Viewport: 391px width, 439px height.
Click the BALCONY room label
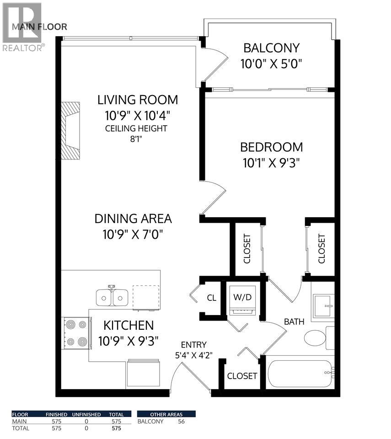pyautogui.click(x=271, y=48)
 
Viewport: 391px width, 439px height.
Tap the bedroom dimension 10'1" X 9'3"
pyautogui.click(x=271, y=162)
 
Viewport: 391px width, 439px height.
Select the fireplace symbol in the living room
pyautogui.click(x=70, y=131)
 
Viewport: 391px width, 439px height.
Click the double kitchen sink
pyautogui.click(x=112, y=297)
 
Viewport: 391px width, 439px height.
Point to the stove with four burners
pyautogui.click(x=75, y=332)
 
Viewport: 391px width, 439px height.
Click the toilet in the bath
pyautogui.click(x=315, y=339)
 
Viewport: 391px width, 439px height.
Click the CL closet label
pyautogui.click(x=211, y=298)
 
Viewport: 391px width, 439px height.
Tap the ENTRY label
pyautogui.click(x=193, y=345)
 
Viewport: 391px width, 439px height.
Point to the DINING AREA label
pyautogui.click(x=133, y=219)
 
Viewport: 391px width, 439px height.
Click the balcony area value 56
pyautogui.click(x=181, y=421)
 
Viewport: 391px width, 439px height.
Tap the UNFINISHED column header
pyautogui.click(x=86, y=414)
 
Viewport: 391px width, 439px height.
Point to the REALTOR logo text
pyautogui.click(x=23, y=47)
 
